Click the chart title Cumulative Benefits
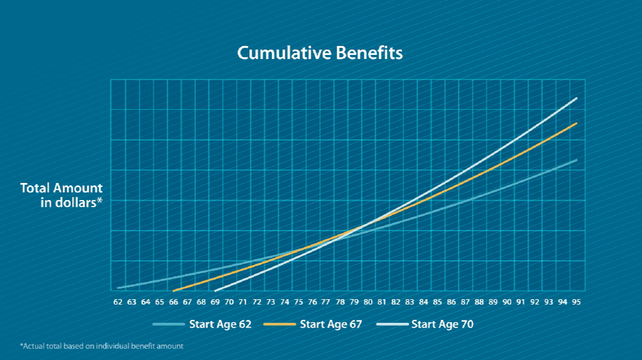[320, 53]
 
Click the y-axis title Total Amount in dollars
[61, 195]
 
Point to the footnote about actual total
[102, 346]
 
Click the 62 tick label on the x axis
[118, 302]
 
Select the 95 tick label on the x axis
[576, 302]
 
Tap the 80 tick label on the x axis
[368, 302]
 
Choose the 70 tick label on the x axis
[229, 302]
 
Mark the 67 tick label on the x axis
[187, 302]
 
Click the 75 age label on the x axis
[299, 302]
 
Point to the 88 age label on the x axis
[479, 302]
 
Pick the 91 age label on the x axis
[521, 302]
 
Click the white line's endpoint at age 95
[576, 98]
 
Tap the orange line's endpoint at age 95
[576, 123]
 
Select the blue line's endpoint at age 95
[576, 160]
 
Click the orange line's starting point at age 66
[174, 290]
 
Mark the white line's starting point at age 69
[216, 290]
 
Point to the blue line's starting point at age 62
[118, 287]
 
